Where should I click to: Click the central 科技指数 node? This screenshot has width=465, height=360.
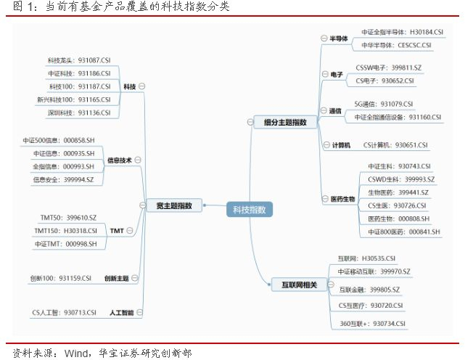pos(249,210)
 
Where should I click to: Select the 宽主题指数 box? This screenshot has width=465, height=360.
pos(173,205)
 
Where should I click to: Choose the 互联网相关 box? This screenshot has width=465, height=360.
pos(295,285)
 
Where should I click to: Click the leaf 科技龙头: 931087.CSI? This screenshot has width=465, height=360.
pos(78,60)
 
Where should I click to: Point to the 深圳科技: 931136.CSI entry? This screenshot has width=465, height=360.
pos(78,112)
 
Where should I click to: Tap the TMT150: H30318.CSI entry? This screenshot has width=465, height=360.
pos(65,231)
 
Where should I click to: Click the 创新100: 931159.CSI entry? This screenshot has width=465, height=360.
pos(61,277)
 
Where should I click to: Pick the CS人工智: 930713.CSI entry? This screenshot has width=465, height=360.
pos(64,312)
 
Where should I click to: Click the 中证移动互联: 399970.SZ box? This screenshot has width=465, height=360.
pos(374,271)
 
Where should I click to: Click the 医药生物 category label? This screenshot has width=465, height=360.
pos(342,199)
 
